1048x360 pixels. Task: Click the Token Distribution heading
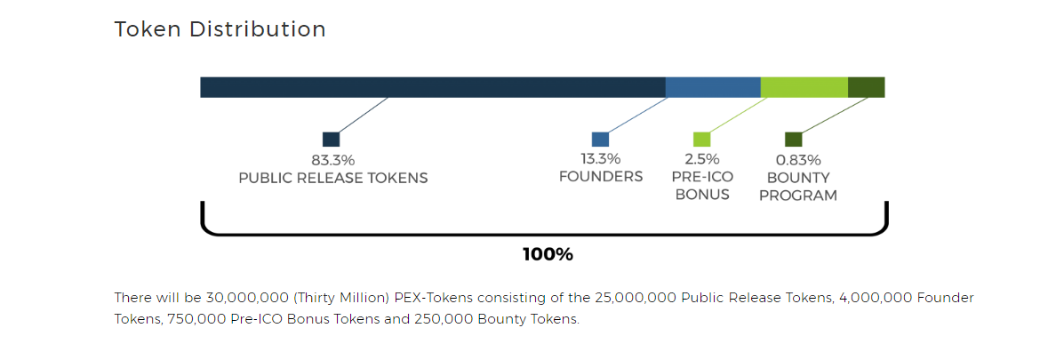[x=220, y=29]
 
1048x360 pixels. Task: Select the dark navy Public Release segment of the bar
[x=432, y=87]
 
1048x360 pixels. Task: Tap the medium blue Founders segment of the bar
[x=713, y=87]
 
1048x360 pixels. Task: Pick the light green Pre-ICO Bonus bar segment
[x=804, y=87]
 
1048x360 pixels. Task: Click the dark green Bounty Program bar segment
[x=866, y=87]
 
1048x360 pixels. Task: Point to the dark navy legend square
[x=331, y=140]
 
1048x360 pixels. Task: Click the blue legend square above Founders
[x=600, y=140]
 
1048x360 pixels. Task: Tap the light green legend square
[x=701, y=140]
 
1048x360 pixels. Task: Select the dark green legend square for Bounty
[x=793, y=140]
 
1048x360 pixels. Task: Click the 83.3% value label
[x=332, y=161]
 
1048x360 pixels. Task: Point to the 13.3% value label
[x=600, y=159]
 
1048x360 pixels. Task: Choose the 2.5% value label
[x=701, y=159]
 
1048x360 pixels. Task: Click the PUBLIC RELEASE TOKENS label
[x=332, y=178]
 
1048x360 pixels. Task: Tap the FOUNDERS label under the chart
[x=600, y=176]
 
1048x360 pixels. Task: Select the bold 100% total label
[x=548, y=254]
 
